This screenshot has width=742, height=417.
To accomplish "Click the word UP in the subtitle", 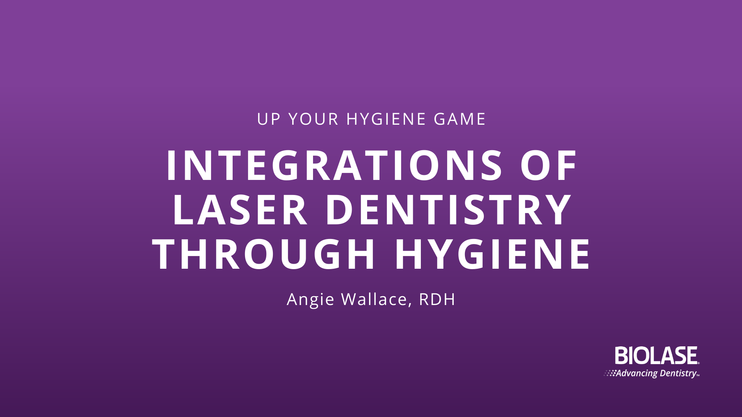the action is tap(269, 119).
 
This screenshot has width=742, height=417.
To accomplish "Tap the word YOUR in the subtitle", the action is tap(314, 119).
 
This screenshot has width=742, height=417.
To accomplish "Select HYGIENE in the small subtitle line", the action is tap(386, 119).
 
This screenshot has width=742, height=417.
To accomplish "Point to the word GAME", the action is tap(459, 119).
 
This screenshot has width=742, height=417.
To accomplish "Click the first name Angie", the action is tap(310, 300).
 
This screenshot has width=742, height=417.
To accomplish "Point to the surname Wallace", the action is tap(374, 299).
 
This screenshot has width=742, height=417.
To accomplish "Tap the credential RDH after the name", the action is tap(437, 300).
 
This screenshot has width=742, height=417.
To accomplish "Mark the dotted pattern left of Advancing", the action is tap(610, 373).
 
